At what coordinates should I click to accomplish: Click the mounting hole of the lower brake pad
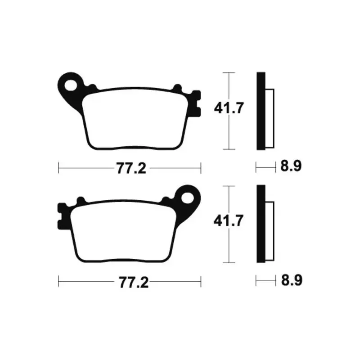(x=187, y=198)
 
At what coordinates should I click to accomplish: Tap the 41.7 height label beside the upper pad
(x=228, y=108)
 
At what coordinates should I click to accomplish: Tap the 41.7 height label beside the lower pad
(x=228, y=221)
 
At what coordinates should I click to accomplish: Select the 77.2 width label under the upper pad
(x=131, y=168)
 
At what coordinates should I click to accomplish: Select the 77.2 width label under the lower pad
(x=133, y=282)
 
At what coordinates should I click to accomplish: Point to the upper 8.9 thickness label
(x=291, y=166)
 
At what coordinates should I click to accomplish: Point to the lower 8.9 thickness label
(x=292, y=280)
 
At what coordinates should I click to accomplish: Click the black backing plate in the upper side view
(x=261, y=111)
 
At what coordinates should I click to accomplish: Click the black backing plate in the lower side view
(x=261, y=224)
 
